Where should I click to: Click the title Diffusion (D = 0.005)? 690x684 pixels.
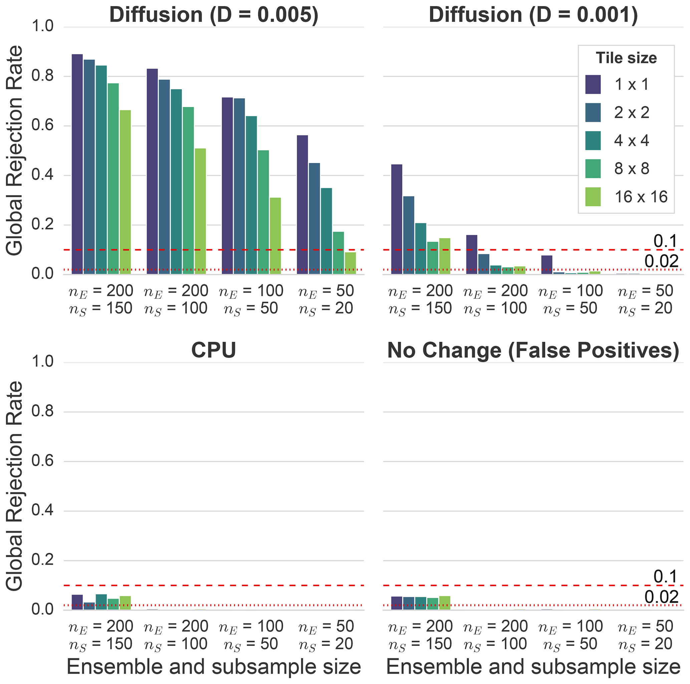(214, 15)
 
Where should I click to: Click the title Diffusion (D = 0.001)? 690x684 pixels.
(533, 15)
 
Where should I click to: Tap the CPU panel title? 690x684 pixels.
(214, 350)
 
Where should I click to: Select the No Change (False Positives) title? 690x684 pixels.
(533, 350)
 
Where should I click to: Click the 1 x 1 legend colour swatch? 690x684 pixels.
(593, 85)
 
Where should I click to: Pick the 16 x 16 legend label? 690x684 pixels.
(641, 197)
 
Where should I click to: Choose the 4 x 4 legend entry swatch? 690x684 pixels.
(593, 141)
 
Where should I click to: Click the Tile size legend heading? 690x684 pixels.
(626, 58)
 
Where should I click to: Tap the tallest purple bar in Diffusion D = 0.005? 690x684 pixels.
(77, 164)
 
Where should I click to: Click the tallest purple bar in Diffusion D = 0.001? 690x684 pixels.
(397, 219)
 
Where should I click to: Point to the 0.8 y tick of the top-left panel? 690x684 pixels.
(42, 76)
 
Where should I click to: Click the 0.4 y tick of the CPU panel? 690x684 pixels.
(42, 510)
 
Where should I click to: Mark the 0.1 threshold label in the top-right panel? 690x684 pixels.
(665, 242)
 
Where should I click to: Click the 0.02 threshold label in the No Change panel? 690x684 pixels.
(661, 597)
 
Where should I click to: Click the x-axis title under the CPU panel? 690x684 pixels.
(214, 666)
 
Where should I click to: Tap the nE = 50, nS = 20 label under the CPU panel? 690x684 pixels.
(326, 635)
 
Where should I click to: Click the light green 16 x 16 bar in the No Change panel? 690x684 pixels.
(445, 603)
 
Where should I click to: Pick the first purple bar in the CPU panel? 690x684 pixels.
(77, 602)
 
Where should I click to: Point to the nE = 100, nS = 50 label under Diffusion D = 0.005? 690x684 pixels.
(251, 300)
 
